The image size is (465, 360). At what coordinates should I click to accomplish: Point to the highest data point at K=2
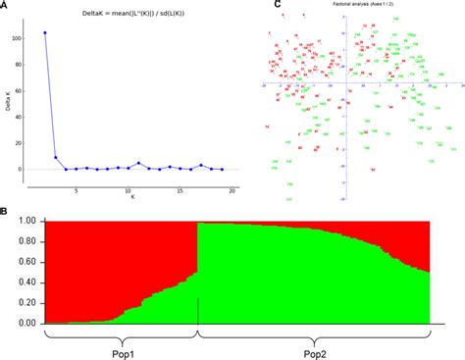[x=45, y=32]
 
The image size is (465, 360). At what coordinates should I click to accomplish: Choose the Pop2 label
[x=313, y=348]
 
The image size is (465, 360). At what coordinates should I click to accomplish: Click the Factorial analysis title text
[x=362, y=5]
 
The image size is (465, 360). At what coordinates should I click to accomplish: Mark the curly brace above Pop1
[x=120, y=334]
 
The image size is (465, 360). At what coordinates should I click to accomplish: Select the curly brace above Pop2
[x=313, y=334]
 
